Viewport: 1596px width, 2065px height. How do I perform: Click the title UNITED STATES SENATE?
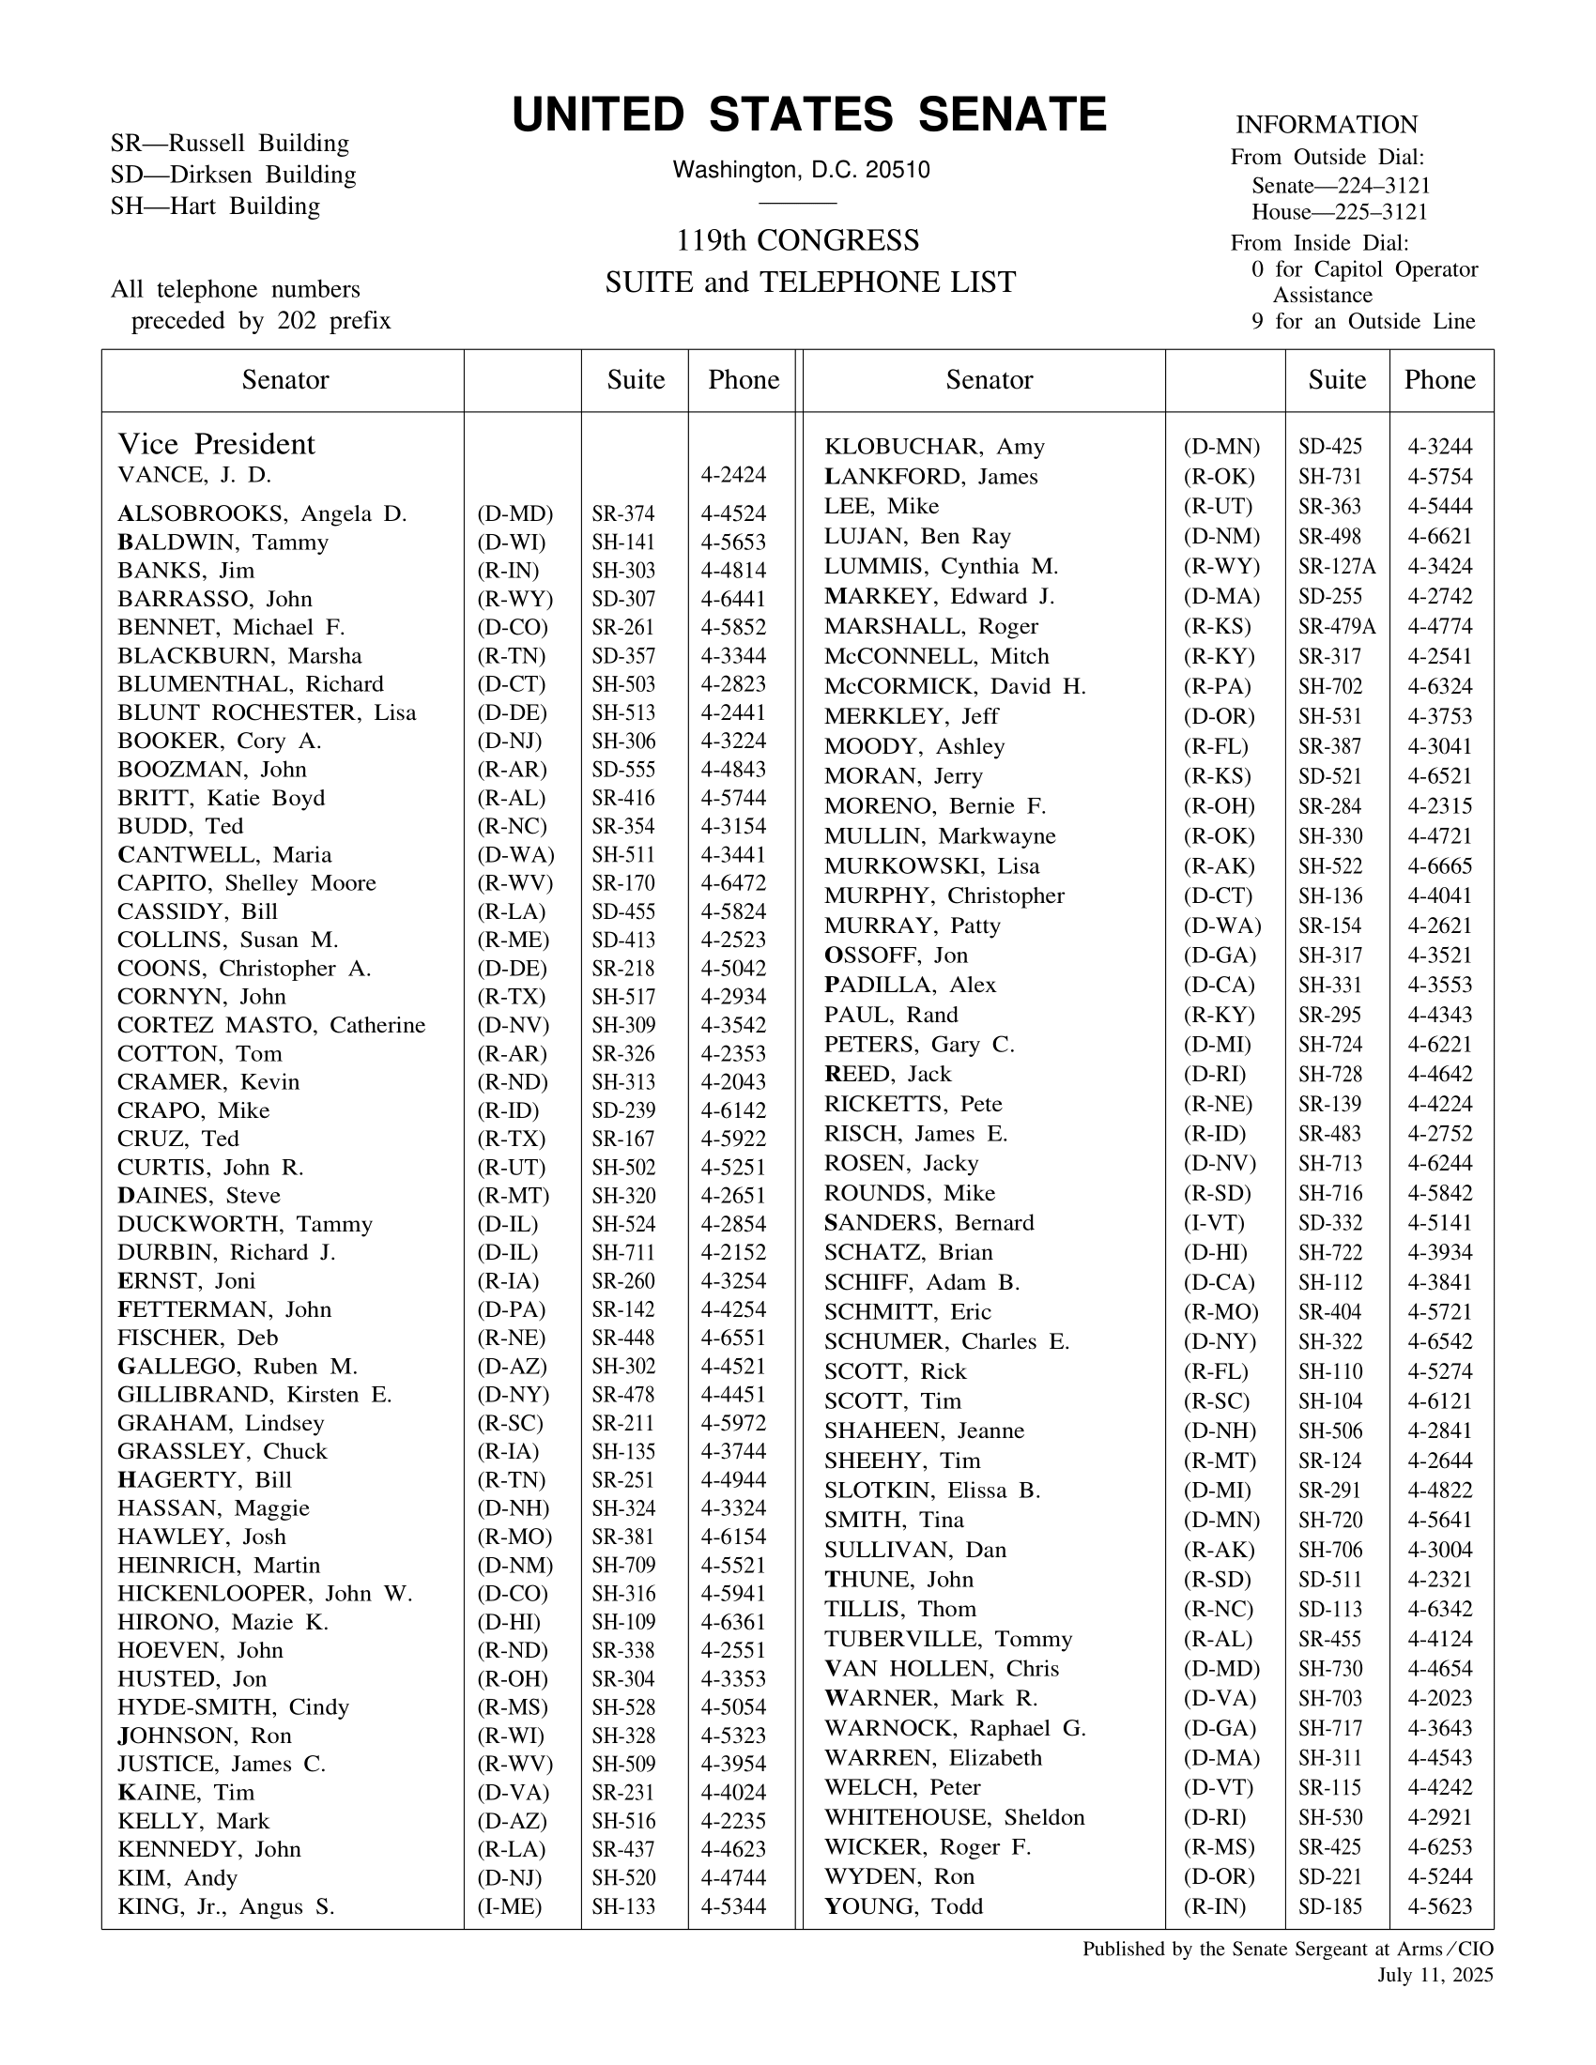pos(808,115)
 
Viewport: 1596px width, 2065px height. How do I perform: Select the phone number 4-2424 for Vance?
pos(733,475)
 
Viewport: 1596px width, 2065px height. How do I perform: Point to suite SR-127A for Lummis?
pos(1336,566)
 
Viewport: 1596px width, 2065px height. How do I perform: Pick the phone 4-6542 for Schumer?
pos(1439,1341)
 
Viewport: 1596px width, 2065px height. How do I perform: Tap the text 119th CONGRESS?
pos(797,240)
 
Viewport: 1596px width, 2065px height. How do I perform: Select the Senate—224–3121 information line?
pos(1340,185)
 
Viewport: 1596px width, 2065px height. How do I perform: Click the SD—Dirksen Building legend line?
pos(233,175)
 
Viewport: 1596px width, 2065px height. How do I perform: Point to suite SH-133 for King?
pos(623,1906)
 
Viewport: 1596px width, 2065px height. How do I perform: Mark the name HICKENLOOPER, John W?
pos(265,1593)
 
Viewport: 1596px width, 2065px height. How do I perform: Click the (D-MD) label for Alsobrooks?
pos(514,513)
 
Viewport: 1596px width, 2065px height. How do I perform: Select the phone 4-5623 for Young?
pos(1439,1906)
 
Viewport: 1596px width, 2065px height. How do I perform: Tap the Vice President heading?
pos(216,443)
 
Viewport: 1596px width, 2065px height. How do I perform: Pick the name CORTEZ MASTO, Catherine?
pos(271,1025)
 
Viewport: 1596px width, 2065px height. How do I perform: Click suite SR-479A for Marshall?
pos(1336,626)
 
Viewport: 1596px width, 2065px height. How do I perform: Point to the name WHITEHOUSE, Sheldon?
pos(954,1817)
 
